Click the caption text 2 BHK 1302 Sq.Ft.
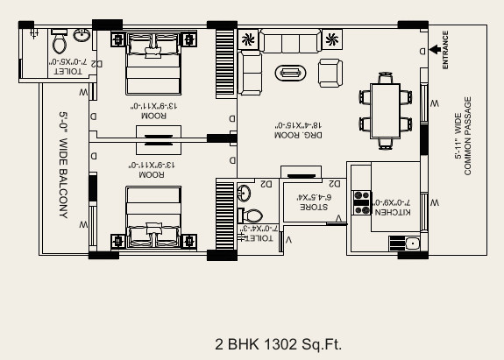point(277,343)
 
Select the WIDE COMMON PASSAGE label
point(463,137)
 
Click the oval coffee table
point(289,73)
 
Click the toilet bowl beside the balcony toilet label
point(59,41)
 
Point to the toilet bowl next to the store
point(254,215)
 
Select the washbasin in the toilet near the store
point(245,193)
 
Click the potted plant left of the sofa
point(248,39)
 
